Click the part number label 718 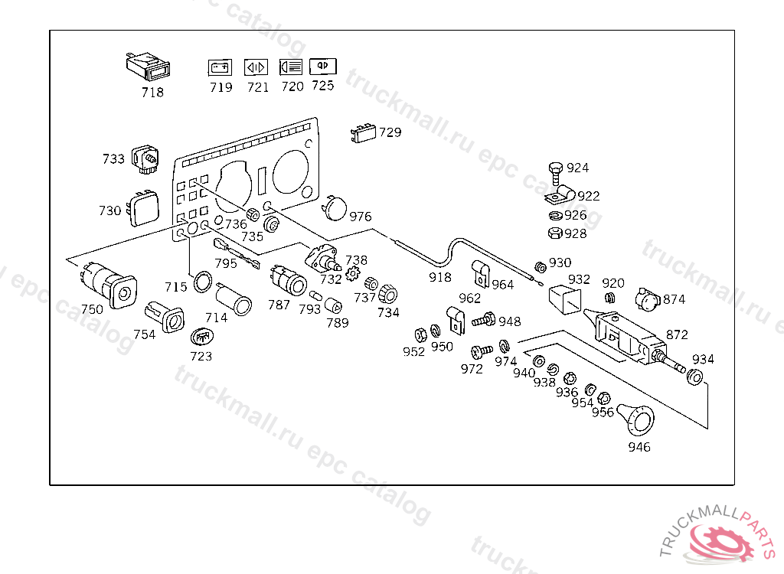click(152, 92)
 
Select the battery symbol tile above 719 click(220, 67)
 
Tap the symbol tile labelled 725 click(322, 66)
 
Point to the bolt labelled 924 click(556, 169)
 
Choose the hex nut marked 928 click(556, 233)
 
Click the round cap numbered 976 click(334, 207)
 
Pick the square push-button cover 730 click(142, 208)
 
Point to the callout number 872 click(677, 334)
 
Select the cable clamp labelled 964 click(480, 270)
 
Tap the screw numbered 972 click(479, 351)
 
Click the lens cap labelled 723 click(201, 336)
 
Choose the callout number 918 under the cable click(439, 277)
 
